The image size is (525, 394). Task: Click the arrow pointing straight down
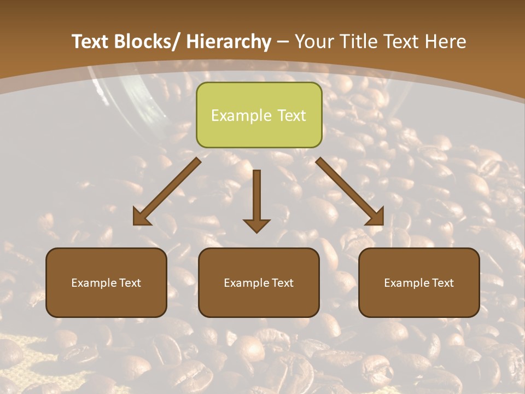pos(256,200)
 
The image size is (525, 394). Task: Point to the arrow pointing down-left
pos(167,192)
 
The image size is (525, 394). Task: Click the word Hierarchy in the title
pos(228,42)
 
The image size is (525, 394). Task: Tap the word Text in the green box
pos(291,115)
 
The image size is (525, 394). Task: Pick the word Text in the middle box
pos(281,283)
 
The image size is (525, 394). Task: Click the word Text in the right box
pos(441,283)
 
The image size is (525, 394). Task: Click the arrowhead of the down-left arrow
pos(141,217)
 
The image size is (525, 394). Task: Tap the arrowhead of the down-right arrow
pos(376,217)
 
